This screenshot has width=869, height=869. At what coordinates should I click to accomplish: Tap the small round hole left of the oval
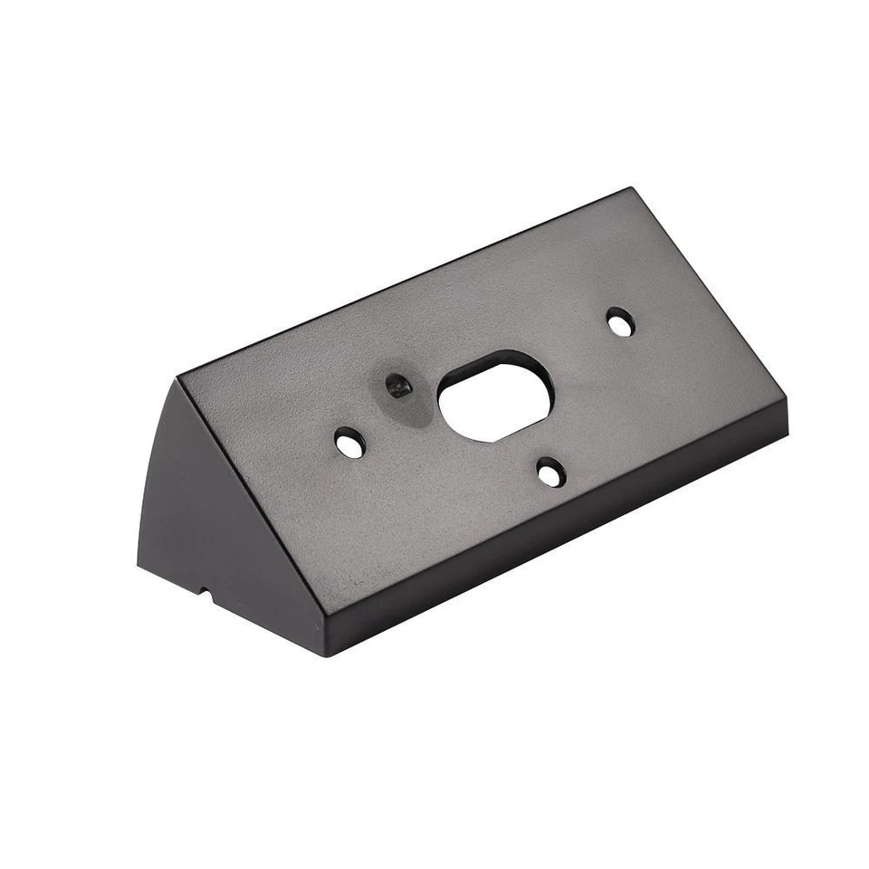(348, 443)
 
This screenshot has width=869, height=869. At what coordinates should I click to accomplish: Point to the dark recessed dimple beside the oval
(396, 386)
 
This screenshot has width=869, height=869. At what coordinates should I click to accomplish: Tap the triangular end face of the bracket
(176, 507)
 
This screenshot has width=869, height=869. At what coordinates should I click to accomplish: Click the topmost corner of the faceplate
(630, 188)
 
